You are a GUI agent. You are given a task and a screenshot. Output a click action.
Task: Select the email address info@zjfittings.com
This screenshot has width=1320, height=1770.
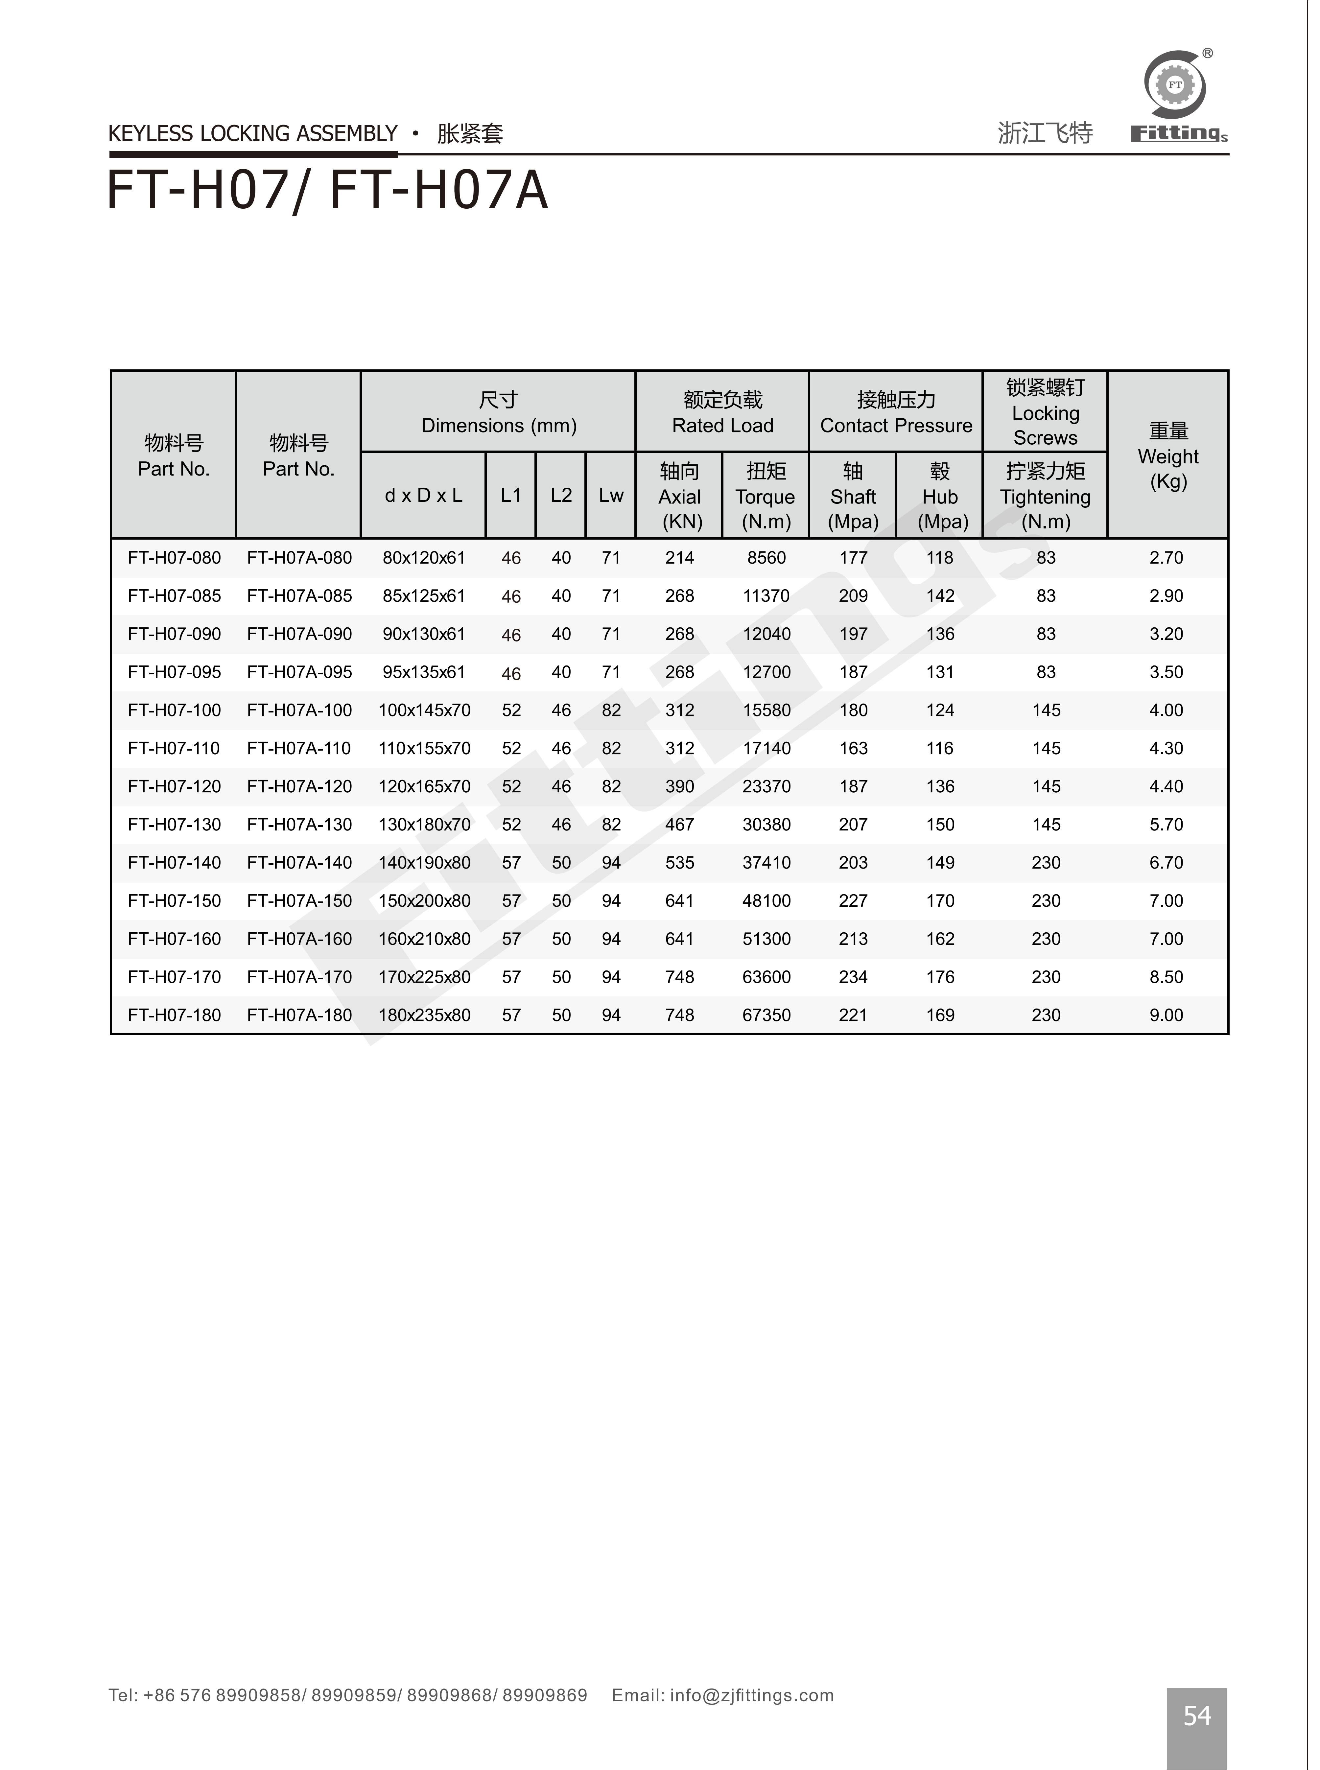(x=751, y=1695)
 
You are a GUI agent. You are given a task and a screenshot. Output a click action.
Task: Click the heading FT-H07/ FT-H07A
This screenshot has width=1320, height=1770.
(x=328, y=191)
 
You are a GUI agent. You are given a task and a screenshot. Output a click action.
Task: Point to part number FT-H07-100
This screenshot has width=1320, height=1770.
(x=174, y=710)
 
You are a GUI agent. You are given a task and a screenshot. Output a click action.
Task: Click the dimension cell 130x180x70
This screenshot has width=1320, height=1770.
(x=424, y=824)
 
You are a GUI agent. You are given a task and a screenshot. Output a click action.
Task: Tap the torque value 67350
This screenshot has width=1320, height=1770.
(x=766, y=1015)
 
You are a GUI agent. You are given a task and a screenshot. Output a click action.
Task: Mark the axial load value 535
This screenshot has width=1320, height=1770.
(x=680, y=863)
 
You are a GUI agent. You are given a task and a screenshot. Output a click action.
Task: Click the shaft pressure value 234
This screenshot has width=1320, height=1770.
(x=853, y=977)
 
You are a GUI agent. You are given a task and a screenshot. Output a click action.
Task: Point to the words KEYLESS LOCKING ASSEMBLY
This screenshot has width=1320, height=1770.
(x=252, y=133)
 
